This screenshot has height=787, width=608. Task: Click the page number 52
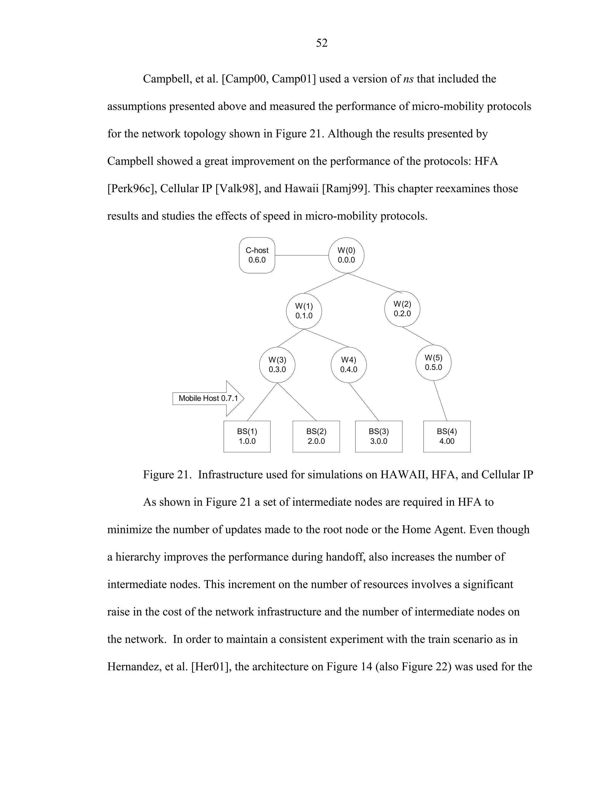(321, 43)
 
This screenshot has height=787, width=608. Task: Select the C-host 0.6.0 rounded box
(257, 255)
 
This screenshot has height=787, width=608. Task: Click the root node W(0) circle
(346, 255)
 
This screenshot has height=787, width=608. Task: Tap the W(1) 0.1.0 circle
(304, 311)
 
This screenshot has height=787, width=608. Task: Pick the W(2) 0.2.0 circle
(402, 309)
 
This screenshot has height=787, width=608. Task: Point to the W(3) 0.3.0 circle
(277, 365)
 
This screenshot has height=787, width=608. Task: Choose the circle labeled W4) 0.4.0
(348, 365)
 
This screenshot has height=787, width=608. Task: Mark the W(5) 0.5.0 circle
(433, 363)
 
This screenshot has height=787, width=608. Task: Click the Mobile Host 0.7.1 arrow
(208, 398)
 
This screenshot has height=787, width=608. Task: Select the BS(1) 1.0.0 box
(247, 436)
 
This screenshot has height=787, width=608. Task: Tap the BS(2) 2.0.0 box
(316, 436)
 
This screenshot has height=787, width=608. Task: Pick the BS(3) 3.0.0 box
(379, 436)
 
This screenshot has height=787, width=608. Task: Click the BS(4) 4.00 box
(446, 436)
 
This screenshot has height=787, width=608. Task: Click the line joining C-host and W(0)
(302, 255)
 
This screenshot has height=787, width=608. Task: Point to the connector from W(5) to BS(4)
(440, 401)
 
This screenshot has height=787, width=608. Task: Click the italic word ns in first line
(408, 79)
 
